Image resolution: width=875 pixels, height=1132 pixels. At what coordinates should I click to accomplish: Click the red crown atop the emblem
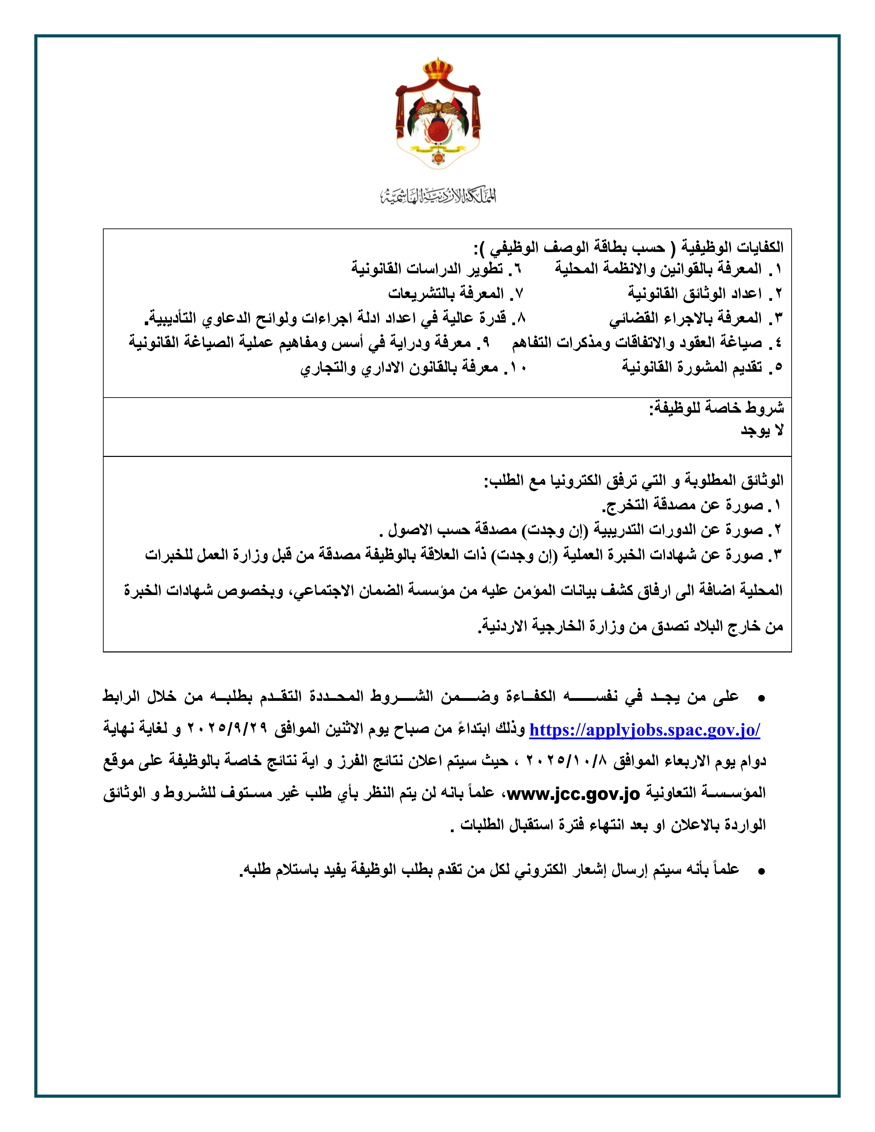pos(438,70)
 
